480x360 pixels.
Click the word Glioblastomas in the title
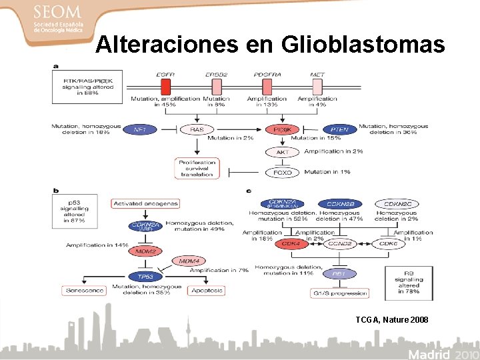pyautogui.click(x=363, y=44)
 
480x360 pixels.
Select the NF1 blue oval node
pyautogui.click(x=141, y=129)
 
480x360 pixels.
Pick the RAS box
pyautogui.click(x=197, y=129)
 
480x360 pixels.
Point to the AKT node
pyautogui.click(x=283, y=152)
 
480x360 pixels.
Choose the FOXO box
pyautogui.click(x=283, y=172)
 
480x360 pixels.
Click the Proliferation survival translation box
pyautogui.click(x=197, y=167)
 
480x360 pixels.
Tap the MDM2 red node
pyautogui.click(x=145, y=251)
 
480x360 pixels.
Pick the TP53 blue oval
pyautogui.click(x=145, y=276)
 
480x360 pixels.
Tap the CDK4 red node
pyautogui.click(x=292, y=244)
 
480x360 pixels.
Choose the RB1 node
pyautogui.click(x=339, y=273)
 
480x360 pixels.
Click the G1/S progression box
pyautogui.click(x=339, y=293)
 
